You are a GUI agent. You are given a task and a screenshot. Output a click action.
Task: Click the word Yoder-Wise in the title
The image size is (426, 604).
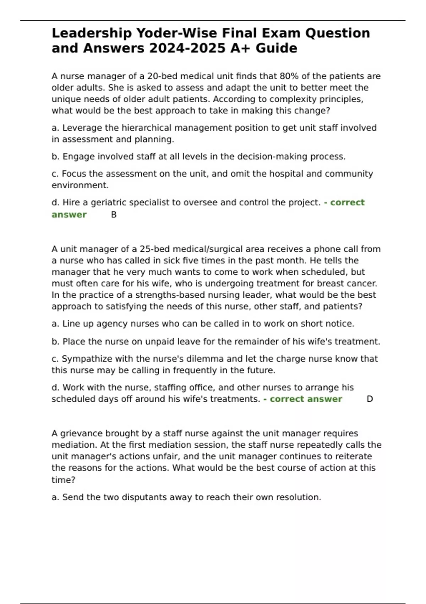click(176, 33)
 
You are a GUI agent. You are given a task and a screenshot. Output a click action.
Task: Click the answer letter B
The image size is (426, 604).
click(114, 215)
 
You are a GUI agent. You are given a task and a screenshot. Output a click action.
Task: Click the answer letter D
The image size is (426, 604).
click(370, 399)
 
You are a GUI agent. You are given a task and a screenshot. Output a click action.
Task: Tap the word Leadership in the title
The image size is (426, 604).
click(92, 33)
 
